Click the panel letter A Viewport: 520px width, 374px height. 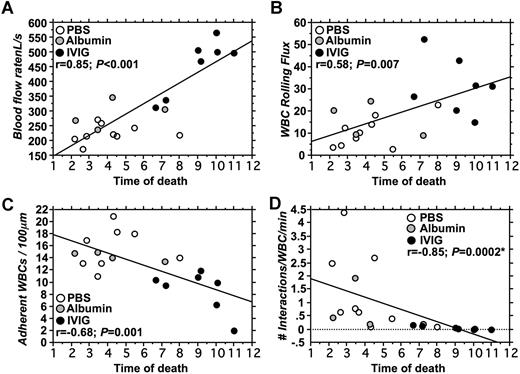(7, 8)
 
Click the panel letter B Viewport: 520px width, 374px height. (273, 8)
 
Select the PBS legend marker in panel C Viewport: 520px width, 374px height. (62, 297)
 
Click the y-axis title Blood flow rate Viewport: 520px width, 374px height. (16, 85)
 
